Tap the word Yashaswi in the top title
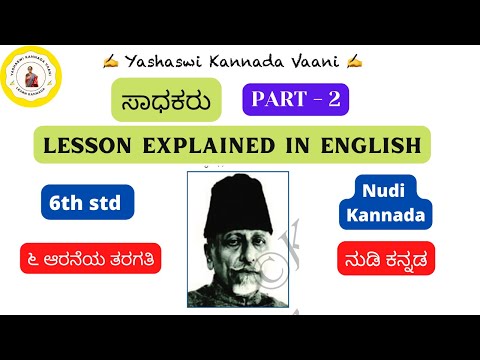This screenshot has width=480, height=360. point(159,62)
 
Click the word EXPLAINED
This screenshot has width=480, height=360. point(224,146)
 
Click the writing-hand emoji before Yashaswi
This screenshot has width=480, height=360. point(110,62)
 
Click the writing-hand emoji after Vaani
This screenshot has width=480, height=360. point(354,62)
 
